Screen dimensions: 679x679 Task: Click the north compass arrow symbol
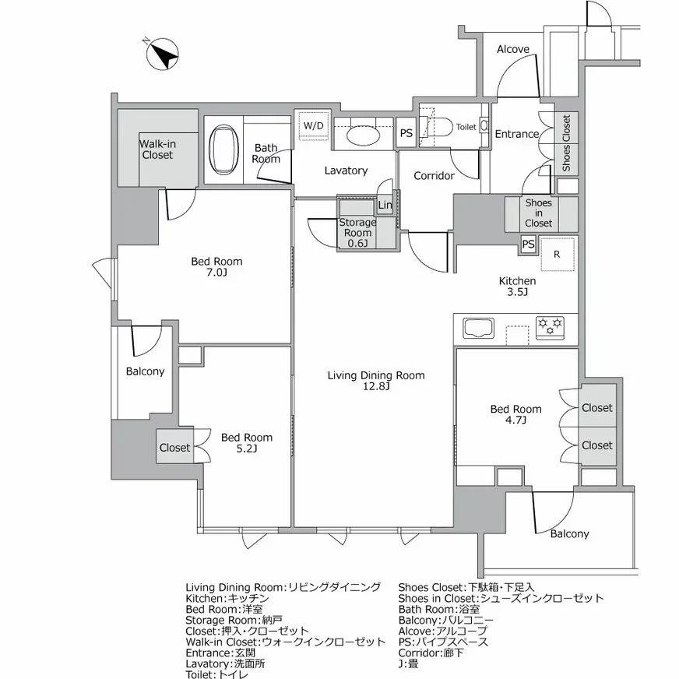pos(163,55)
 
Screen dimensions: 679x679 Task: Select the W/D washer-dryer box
pos(314,125)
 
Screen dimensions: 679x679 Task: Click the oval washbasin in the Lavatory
pos(364,135)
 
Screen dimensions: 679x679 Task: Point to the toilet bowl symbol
pos(437,128)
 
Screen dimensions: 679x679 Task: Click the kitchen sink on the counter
pos(479,328)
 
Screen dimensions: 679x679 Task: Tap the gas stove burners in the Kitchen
pos(550,328)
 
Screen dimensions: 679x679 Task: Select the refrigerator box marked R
pos(558,254)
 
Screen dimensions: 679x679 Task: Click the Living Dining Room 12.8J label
pos(376,381)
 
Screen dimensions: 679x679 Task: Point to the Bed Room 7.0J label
pos(216,267)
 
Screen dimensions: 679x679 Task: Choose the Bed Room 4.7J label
pos(515,414)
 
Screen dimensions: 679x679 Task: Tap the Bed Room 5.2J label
pos(247,443)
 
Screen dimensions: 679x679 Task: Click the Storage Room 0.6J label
pos(357,233)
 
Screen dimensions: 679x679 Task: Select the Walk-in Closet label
pos(157,150)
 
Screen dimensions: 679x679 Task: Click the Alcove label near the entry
pos(513,49)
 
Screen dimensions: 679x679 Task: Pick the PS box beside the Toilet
pos(406,133)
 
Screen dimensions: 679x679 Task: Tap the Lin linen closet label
pos(385,205)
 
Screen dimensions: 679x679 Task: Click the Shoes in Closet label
pos(538,213)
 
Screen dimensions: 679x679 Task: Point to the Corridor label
pos(434,176)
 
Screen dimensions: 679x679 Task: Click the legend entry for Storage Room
pos(234,620)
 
